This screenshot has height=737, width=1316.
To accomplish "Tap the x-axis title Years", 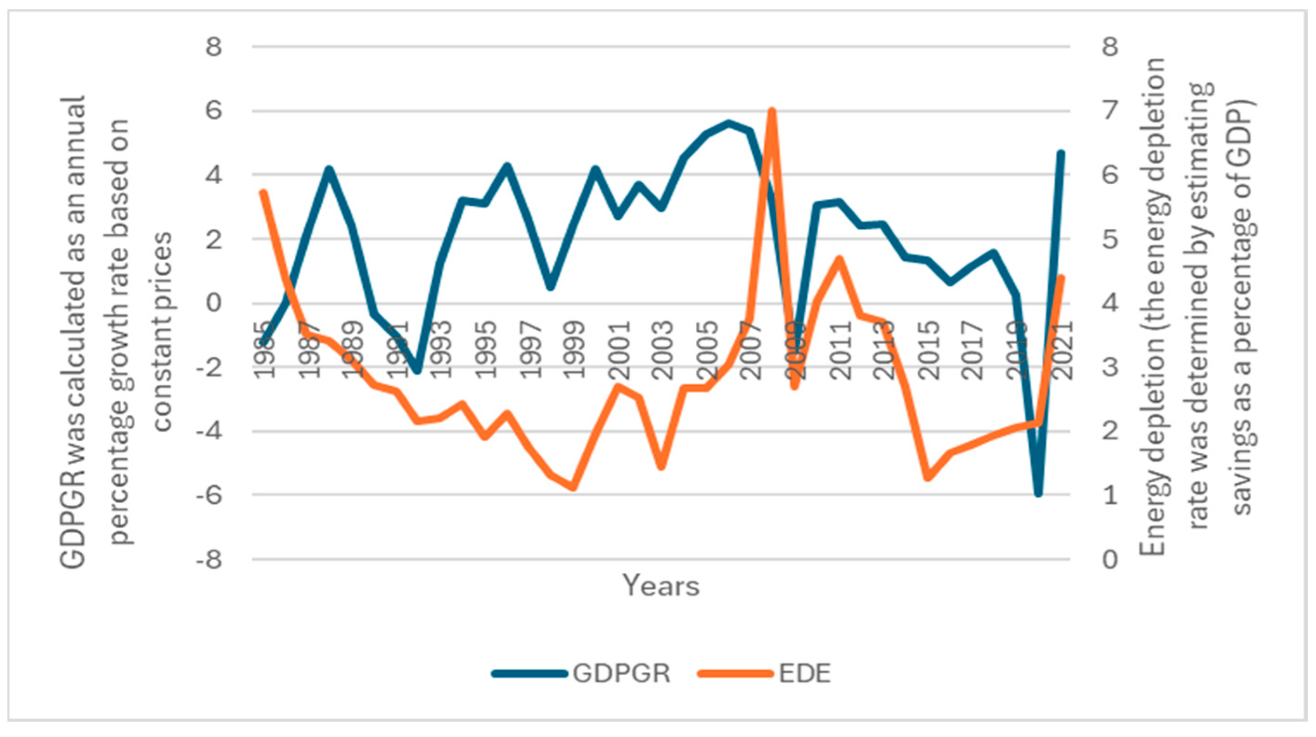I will point(660,586).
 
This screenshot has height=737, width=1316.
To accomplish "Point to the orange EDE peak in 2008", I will point(772,111).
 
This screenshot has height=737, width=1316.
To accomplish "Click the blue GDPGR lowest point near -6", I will point(1038,494).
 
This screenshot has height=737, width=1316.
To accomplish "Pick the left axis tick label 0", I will point(215,303).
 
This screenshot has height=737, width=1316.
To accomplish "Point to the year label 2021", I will point(1064,350).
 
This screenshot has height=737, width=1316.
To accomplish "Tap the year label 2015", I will point(929,350).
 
